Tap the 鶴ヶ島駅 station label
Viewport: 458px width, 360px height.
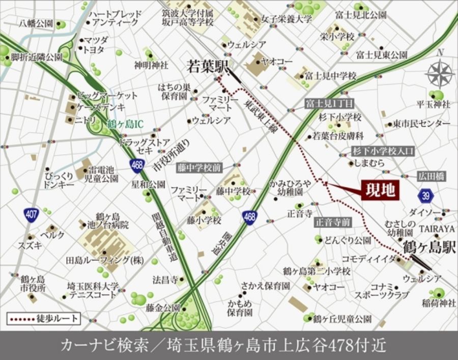(429, 248)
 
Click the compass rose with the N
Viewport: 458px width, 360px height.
(440, 73)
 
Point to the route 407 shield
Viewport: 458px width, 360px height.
(32, 215)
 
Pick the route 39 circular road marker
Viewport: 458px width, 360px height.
(426, 195)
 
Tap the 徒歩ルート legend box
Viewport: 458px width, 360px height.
(44, 319)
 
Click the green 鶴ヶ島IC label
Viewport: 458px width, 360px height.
(126, 124)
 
